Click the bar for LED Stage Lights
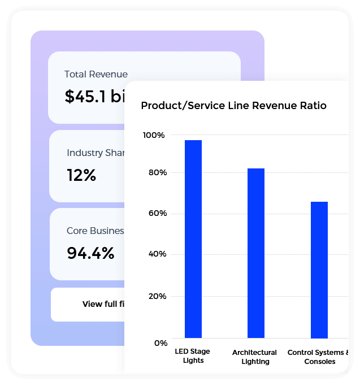[x=193, y=238]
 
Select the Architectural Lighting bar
[x=255, y=253]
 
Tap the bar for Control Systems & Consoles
[x=319, y=270]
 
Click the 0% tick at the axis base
[x=161, y=343]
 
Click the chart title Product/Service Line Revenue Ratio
[x=233, y=106]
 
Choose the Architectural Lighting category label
[x=255, y=357]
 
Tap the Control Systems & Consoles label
[x=318, y=357]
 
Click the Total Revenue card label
[x=96, y=74]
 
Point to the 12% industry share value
[x=81, y=175]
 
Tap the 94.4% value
[x=90, y=253]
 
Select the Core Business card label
[x=95, y=231]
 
